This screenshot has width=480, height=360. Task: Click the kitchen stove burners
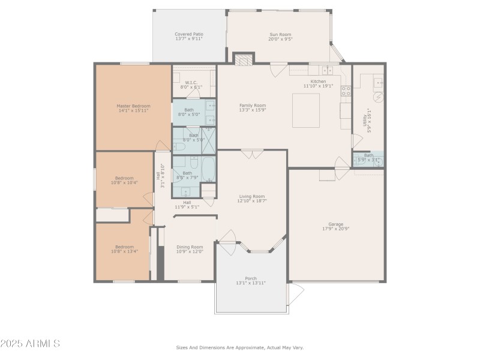[346, 91]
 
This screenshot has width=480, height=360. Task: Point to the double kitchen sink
[327, 70]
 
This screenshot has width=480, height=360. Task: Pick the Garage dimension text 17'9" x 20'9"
[336, 229]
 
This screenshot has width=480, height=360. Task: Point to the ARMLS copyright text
[30, 344]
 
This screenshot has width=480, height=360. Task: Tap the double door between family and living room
[252, 154]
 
